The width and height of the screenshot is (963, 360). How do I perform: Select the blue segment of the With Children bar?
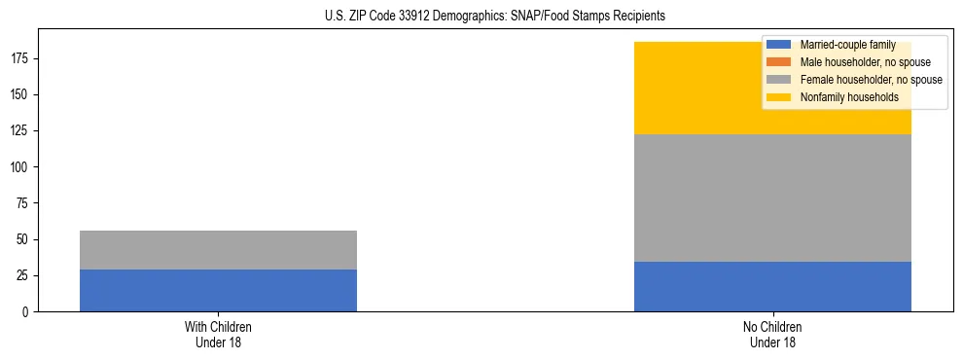coord(218,290)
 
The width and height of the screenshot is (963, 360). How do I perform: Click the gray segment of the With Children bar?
coord(218,250)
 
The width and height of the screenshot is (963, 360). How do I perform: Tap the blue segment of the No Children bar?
coord(772,286)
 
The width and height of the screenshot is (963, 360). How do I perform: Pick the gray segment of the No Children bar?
coord(772,198)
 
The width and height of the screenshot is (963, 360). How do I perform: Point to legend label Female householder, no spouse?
coord(871,80)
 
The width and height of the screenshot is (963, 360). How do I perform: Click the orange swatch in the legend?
coord(779,62)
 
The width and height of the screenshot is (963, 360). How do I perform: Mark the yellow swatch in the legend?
coord(779,97)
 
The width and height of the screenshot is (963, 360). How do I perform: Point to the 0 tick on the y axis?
coord(27,312)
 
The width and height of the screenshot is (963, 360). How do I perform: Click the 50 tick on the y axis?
coord(24,239)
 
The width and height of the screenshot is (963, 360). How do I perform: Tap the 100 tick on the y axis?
coord(21,167)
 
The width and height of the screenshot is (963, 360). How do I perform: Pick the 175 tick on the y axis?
coord(21,58)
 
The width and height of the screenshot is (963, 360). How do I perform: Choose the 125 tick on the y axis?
coord(21,131)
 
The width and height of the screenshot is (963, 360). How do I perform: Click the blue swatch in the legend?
coord(779,45)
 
